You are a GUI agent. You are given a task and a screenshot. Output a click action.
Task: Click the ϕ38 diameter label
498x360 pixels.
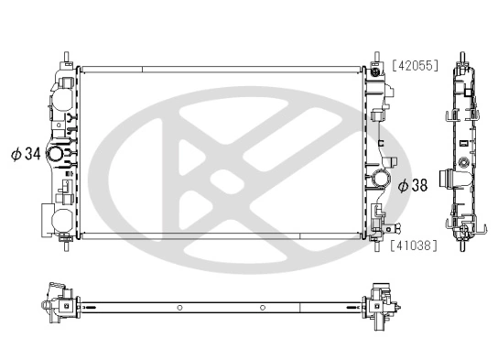tap(413, 185)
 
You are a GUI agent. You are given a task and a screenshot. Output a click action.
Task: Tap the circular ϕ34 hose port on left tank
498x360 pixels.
tap(57, 157)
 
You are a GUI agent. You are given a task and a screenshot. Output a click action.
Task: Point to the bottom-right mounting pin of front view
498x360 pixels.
tap(375, 244)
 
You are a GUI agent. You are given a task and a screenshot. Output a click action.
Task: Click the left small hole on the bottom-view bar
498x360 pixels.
tap(180, 306)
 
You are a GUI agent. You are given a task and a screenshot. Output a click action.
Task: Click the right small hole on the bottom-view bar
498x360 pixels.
tap(263, 306)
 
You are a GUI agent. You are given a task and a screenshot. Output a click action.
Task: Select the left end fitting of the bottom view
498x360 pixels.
tap(57, 306)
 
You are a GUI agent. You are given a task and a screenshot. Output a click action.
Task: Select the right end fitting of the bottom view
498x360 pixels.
tap(379, 306)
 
